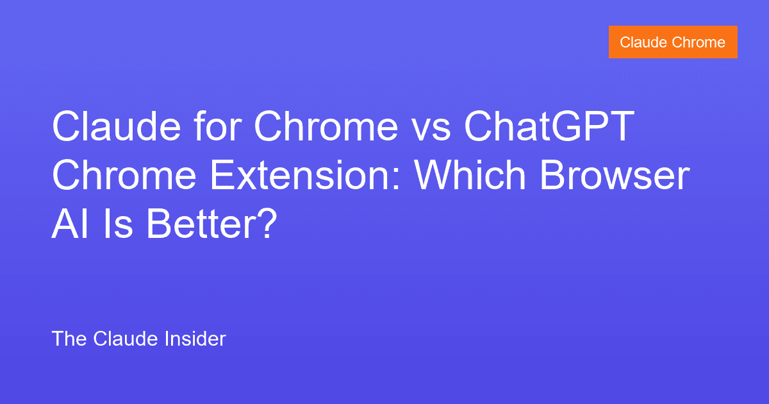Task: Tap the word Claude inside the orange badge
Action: pyautogui.click(x=643, y=42)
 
